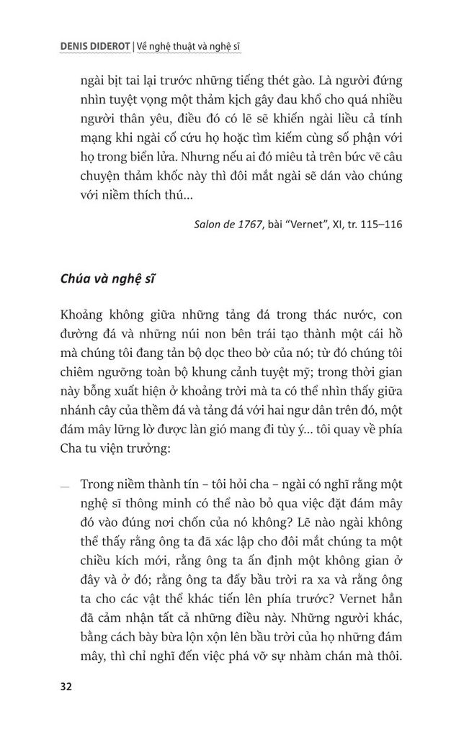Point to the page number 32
(67, 685)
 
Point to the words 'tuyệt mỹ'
(274, 392)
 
